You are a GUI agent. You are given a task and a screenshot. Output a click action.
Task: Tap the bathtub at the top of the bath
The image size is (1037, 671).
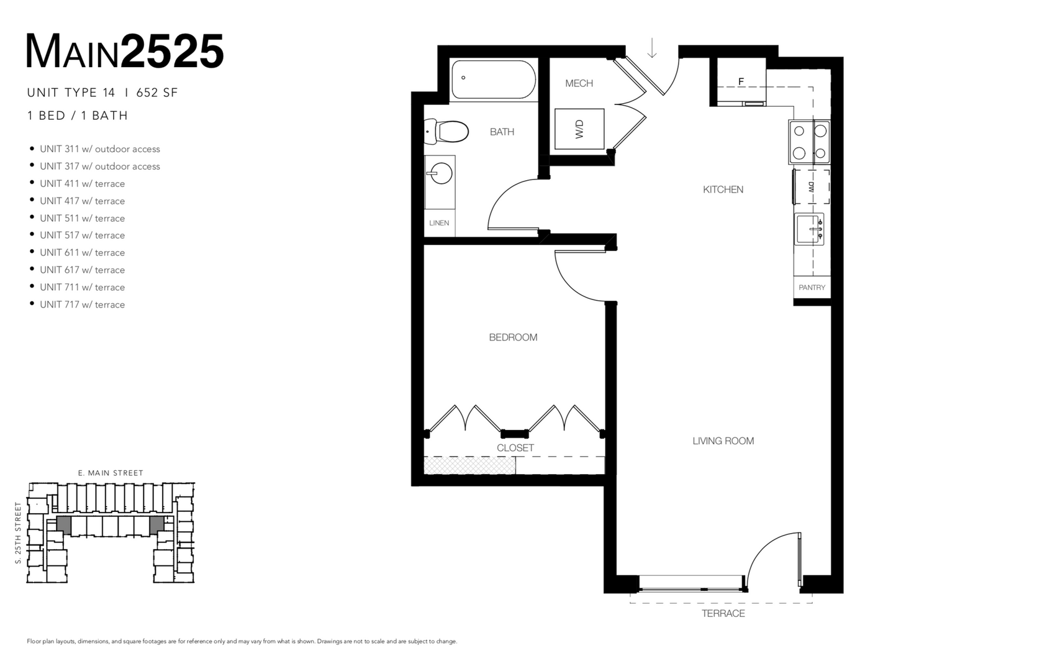click(x=494, y=79)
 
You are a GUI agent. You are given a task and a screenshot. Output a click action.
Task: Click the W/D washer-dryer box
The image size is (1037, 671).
click(x=579, y=129)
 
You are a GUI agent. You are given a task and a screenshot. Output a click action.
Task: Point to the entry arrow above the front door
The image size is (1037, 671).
click(x=652, y=48)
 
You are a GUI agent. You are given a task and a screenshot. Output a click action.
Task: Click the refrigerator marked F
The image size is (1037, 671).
click(x=741, y=82)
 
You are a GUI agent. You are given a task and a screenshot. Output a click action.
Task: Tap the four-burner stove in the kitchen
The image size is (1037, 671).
click(x=810, y=142)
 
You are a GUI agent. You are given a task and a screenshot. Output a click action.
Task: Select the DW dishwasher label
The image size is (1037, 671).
click(x=811, y=186)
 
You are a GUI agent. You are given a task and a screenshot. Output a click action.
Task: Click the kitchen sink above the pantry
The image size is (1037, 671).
click(x=809, y=229)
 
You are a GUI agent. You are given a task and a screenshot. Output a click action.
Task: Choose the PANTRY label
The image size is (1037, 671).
click(x=812, y=288)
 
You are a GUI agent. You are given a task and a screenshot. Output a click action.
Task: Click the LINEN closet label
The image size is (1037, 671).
click(x=439, y=223)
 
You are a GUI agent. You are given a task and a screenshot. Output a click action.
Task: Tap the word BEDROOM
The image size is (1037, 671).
click(x=513, y=337)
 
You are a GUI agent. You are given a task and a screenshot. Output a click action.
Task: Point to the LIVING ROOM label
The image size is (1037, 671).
click(x=723, y=441)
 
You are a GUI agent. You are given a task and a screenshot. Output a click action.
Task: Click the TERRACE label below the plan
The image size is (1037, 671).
click(x=723, y=614)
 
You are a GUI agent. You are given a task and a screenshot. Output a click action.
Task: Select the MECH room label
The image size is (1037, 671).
click(x=579, y=83)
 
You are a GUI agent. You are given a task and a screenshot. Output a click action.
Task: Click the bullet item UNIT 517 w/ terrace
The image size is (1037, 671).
click(x=82, y=235)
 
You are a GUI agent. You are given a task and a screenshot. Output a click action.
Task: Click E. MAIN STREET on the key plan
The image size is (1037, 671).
click(x=111, y=473)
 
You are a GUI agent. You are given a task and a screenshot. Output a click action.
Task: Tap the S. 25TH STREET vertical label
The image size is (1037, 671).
click(x=19, y=533)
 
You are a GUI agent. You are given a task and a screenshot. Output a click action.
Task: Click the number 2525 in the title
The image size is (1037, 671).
click(x=172, y=52)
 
